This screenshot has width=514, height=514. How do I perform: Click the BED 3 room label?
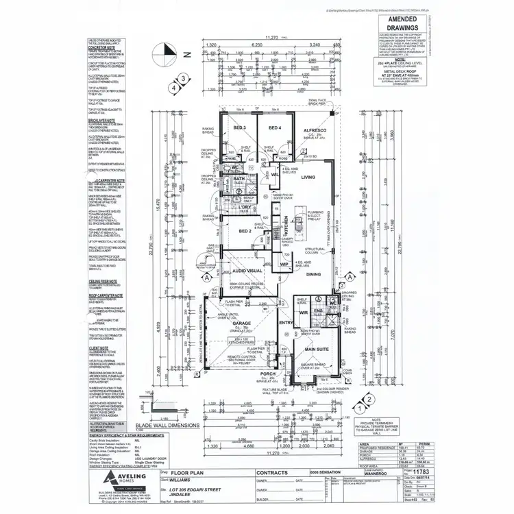(239, 128)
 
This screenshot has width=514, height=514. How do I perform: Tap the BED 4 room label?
(275, 128)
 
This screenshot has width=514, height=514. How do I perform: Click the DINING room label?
(313, 274)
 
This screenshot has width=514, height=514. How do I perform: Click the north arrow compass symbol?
(162, 51)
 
